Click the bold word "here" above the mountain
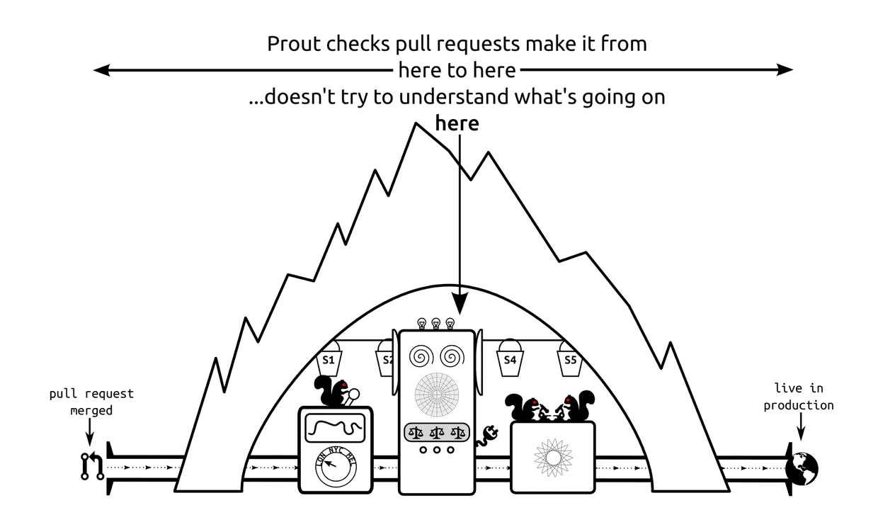[x=457, y=123]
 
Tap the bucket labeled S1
[x=329, y=361]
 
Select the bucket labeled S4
[x=510, y=360]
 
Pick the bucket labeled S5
[x=571, y=360]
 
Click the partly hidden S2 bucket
[x=385, y=361]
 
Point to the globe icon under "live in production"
[x=803, y=467]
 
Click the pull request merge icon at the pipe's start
[x=92, y=467]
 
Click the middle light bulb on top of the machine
[x=436, y=324]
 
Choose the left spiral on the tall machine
[x=422, y=355]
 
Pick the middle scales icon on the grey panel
[x=436, y=431]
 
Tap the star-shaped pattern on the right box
[x=552, y=458]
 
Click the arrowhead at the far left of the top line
[x=101, y=69]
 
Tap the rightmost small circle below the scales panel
[x=450, y=450]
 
